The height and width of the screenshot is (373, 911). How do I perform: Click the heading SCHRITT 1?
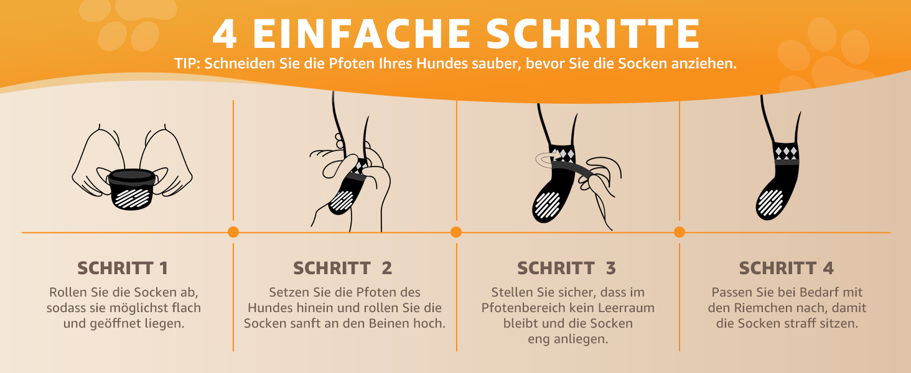(123, 268)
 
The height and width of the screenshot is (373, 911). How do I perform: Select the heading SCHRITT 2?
(342, 268)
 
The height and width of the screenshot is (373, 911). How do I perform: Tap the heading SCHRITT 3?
(566, 268)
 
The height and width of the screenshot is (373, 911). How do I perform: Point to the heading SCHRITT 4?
(786, 268)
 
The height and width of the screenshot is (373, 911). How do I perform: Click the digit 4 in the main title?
(225, 34)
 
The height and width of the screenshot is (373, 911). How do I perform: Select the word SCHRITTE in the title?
(592, 34)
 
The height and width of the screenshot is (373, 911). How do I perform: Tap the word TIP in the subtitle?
(187, 64)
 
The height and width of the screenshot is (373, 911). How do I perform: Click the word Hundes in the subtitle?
(442, 64)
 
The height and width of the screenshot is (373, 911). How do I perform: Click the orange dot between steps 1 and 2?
(233, 232)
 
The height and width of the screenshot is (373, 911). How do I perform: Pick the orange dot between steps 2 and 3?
(456, 232)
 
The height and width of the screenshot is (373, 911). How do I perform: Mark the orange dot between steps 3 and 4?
(679, 232)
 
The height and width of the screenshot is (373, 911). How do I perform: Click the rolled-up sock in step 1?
(131, 189)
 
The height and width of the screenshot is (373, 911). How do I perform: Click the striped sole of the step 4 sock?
(770, 203)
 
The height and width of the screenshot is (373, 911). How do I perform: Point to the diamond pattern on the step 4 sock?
(786, 153)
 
